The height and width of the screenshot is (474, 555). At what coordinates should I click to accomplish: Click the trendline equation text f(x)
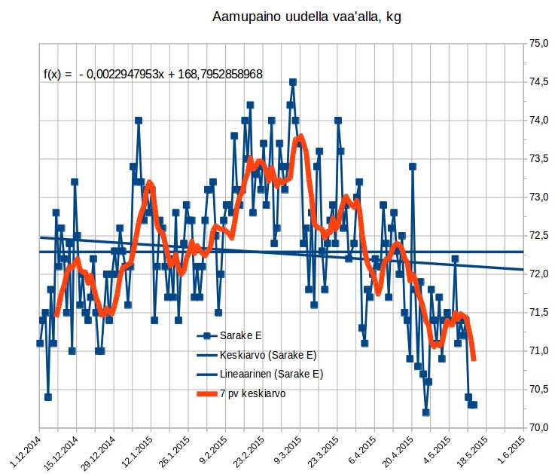153,75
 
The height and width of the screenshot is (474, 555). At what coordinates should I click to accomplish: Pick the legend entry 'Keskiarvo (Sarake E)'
265,355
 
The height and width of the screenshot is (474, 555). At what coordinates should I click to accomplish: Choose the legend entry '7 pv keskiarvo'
252,393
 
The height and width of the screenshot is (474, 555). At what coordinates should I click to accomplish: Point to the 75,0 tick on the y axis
539,44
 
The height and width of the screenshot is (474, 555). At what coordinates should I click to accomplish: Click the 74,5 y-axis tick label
539,82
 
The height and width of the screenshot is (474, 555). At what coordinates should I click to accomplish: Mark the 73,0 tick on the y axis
539,197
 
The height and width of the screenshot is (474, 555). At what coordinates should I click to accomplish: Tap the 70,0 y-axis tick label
539,427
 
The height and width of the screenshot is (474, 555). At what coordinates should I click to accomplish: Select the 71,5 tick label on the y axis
539,312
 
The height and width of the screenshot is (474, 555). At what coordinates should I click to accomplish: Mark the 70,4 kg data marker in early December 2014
47,397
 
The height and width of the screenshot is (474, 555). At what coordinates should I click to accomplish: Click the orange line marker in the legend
206,393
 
